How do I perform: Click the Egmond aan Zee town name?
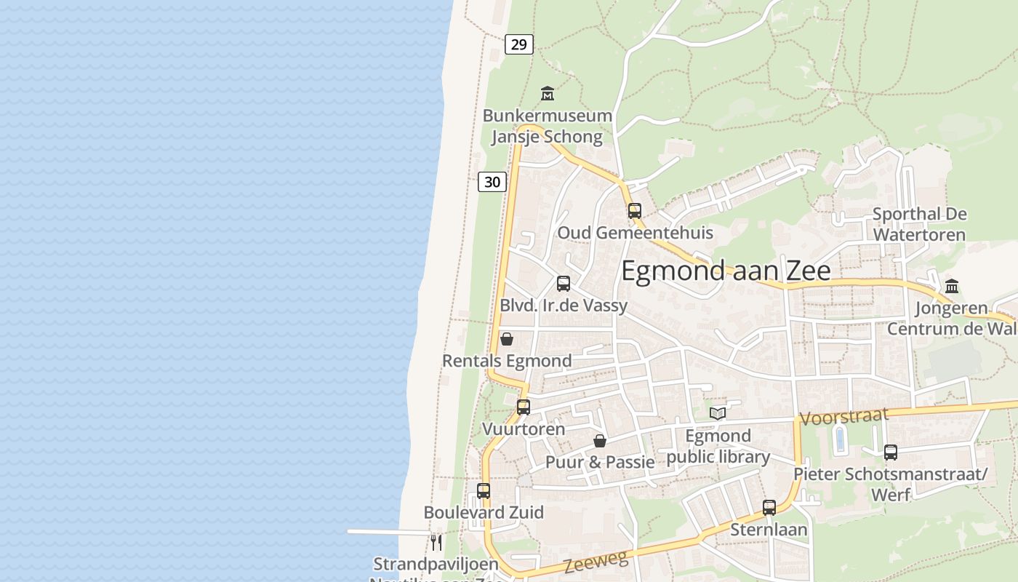pyautogui.click(x=725, y=271)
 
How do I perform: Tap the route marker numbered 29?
pyautogui.click(x=518, y=44)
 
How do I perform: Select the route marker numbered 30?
pyautogui.click(x=492, y=181)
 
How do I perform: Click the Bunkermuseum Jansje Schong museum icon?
pyautogui.click(x=548, y=94)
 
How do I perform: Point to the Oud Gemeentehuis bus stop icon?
pyautogui.click(x=635, y=211)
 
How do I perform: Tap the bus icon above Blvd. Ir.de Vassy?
pyautogui.click(x=564, y=284)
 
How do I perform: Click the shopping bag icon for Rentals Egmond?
pyautogui.click(x=507, y=339)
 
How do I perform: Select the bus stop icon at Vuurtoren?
pyautogui.click(x=524, y=407)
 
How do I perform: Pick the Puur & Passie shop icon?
pyautogui.click(x=600, y=441)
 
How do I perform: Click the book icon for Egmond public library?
pyautogui.click(x=718, y=414)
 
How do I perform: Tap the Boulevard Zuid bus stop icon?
pyautogui.click(x=484, y=491)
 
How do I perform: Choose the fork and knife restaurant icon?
pyautogui.click(x=436, y=542)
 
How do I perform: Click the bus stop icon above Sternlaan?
pyautogui.click(x=769, y=508)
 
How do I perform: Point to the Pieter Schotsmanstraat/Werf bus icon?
pyautogui.click(x=891, y=453)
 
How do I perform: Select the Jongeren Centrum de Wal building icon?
pyautogui.click(x=952, y=286)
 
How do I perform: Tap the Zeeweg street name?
pyautogui.click(x=595, y=562)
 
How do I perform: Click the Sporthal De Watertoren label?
pyautogui.click(x=919, y=224)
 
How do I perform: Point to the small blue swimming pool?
pyautogui.click(x=840, y=439)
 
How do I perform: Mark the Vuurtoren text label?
pyautogui.click(x=524, y=429)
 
